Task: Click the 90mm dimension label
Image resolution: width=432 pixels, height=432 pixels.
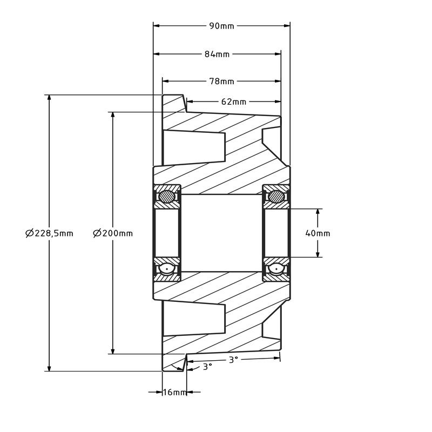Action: pyautogui.click(x=221, y=26)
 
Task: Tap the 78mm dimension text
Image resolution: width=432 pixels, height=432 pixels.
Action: pyautogui.click(x=221, y=82)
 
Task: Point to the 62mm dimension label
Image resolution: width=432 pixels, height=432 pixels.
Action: pyautogui.click(x=233, y=102)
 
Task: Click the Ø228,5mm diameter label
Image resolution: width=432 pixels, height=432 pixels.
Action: pyautogui.click(x=49, y=233)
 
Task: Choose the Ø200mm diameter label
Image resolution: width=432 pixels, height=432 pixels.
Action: pyautogui.click(x=112, y=233)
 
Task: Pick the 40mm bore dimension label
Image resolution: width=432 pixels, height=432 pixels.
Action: pyautogui.click(x=318, y=233)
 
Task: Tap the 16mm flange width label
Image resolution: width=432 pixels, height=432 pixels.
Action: pyautogui.click(x=174, y=392)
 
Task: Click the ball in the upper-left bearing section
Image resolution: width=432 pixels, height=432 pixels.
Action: pyautogui.click(x=168, y=197)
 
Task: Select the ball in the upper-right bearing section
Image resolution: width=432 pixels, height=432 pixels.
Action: pyautogui.click(x=276, y=197)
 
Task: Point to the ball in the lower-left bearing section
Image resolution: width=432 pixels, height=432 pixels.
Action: pyautogui.click(x=168, y=268)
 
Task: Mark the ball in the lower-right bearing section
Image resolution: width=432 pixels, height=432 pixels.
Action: pyautogui.click(x=276, y=268)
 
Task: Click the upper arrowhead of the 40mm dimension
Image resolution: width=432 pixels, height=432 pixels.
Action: pyautogui.click(x=318, y=212)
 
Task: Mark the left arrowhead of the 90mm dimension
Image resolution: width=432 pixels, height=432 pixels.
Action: pyautogui.click(x=157, y=25)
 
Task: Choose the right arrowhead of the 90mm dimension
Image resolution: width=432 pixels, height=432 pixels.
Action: pyautogui.click(x=287, y=25)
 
